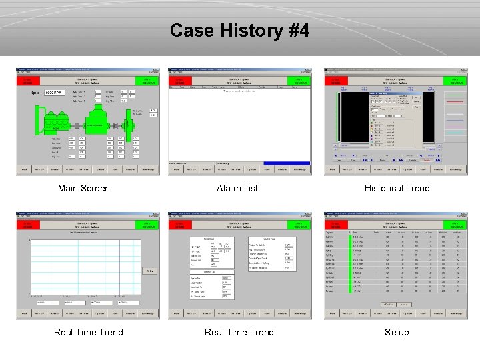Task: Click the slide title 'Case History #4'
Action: (x=239, y=31)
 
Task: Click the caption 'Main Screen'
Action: (x=84, y=189)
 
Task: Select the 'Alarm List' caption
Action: (x=237, y=189)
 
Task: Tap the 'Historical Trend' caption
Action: (x=397, y=189)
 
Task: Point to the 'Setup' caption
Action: (x=397, y=332)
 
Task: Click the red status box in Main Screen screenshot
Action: (x=27, y=81)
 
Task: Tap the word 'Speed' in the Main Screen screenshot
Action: (x=36, y=93)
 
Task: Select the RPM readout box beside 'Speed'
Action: (x=53, y=93)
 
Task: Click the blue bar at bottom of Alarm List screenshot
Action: (x=287, y=163)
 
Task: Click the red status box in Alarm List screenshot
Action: (x=180, y=81)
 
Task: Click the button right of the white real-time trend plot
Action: (x=150, y=271)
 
